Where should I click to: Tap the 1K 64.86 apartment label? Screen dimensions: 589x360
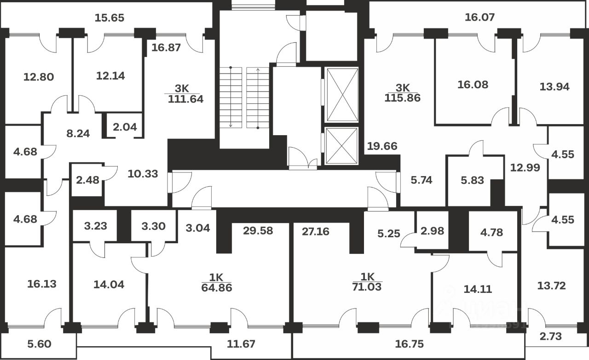pos(216,283)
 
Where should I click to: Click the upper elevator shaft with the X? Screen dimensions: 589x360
pos(341,94)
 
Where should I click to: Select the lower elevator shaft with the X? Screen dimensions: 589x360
pos(341,146)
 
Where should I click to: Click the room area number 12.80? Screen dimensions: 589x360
pos(39,76)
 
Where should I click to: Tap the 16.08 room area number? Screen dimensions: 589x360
pos(473,85)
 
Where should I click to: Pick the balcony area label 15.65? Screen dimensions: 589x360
pos(110,18)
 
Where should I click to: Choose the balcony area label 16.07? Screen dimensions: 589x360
pos(479,17)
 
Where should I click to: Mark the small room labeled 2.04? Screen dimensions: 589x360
pos(125,127)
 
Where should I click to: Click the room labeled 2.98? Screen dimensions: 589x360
pos(433,231)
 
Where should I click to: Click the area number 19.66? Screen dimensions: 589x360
pos(382,147)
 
